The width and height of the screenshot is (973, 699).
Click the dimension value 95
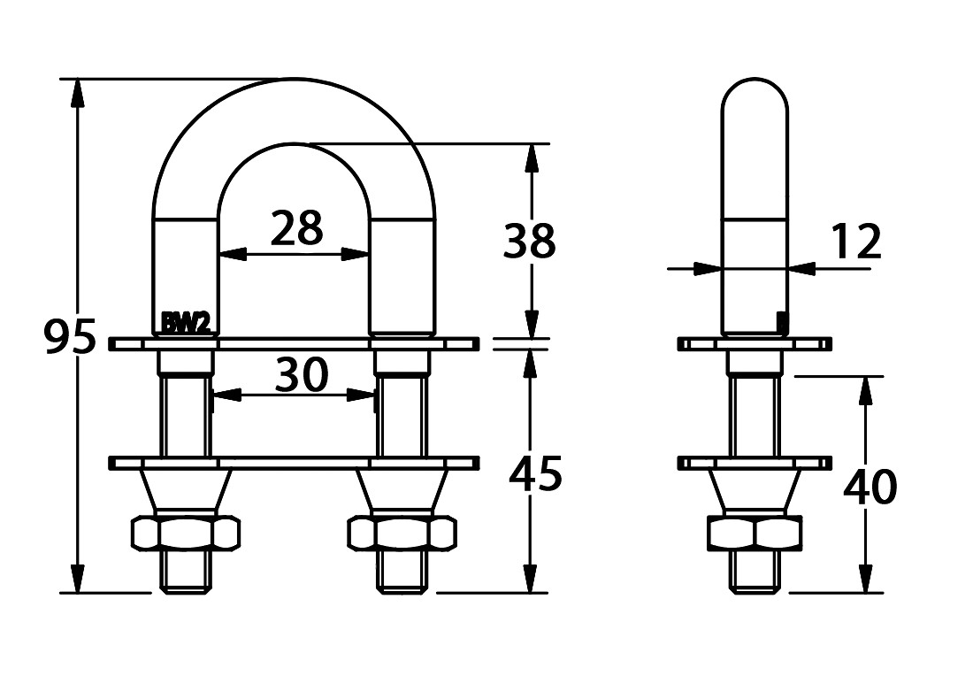point(71,337)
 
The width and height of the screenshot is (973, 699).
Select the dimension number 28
point(296,227)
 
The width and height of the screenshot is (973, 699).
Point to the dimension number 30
point(302,375)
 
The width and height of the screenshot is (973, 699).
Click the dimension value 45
point(535,474)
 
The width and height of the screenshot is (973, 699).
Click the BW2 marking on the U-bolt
point(186,323)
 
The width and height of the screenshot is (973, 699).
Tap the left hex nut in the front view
point(186,533)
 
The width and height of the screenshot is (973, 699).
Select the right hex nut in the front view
point(402,533)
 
